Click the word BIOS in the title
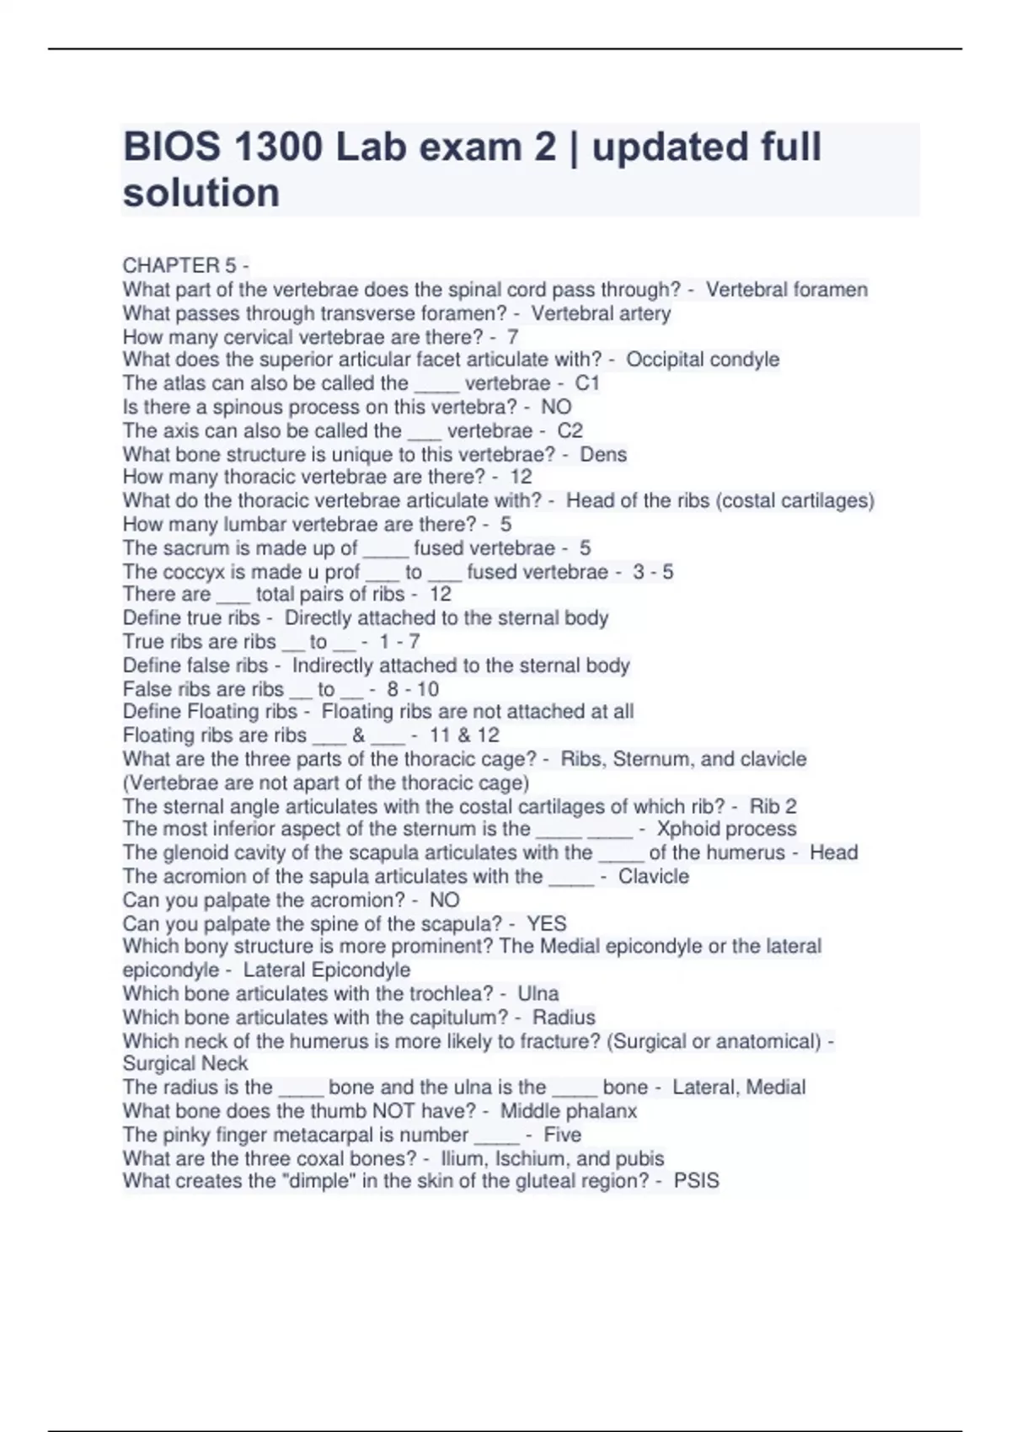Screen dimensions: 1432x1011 [x=173, y=147]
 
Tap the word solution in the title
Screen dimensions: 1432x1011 [x=201, y=193]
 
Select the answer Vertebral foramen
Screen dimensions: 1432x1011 [x=786, y=290]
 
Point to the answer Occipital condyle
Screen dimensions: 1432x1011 [x=703, y=360]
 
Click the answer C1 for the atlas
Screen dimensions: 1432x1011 [x=587, y=383]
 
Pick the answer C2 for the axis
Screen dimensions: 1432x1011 [x=570, y=430]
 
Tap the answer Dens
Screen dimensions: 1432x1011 [x=603, y=454]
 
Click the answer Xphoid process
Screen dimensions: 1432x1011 [x=726, y=829]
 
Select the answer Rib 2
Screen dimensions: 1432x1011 [x=773, y=806]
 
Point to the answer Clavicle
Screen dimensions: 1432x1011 [x=654, y=876]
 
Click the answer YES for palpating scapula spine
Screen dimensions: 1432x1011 [x=546, y=923]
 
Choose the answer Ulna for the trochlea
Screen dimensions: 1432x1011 [x=538, y=993]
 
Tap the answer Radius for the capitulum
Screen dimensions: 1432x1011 [x=564, y=1017]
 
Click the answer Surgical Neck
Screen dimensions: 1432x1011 [x=185, y=1064]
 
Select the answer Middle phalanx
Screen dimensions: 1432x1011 [x=569, y=1111]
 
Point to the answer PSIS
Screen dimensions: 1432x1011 [x=697, y=1181]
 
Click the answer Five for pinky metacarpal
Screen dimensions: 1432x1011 [x=563, y=1135]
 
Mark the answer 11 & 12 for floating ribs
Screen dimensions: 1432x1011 [x=464, y=735]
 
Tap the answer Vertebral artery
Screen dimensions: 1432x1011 [x=601, y=313]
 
